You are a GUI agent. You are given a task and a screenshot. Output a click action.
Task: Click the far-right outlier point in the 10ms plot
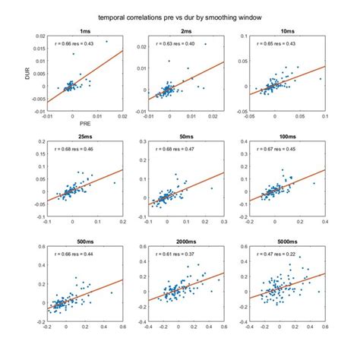point(321,78)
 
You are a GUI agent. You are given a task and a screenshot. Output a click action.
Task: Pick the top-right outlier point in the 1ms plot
point(106,42)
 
